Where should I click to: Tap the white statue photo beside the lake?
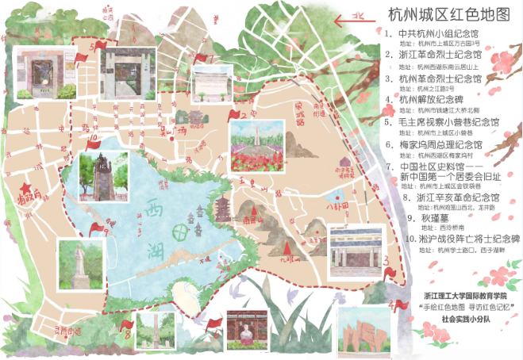[x=80, y=263]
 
